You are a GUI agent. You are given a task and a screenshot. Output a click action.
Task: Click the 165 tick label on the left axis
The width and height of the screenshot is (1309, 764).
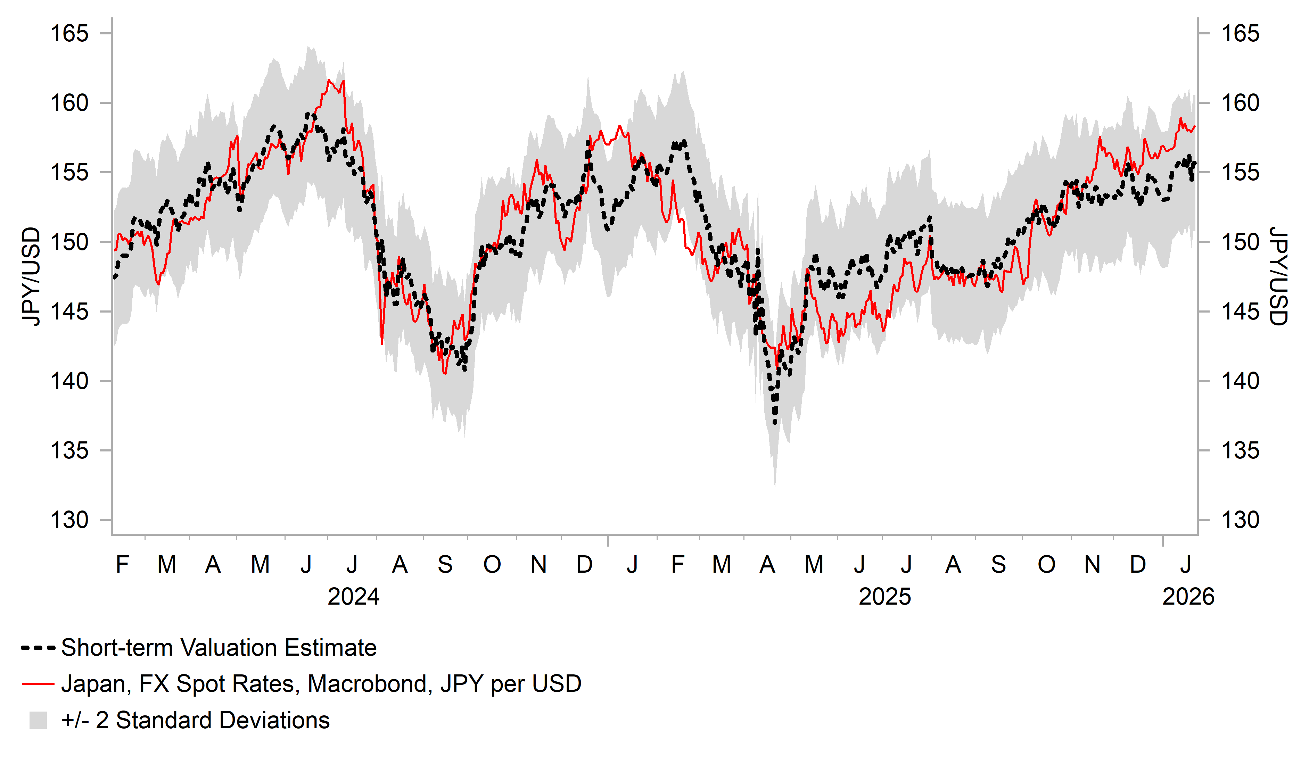click(69, 34)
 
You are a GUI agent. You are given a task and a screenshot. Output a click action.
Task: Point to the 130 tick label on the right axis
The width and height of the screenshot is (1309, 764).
click(1240, 520)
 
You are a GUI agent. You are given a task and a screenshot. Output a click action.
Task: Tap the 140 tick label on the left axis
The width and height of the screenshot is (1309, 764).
click(69, 381)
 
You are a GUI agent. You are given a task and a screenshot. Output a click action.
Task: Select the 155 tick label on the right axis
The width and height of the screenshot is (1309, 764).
click(1240, 173)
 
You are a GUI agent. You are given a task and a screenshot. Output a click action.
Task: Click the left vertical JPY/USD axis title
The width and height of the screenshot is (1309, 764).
click(31, 276)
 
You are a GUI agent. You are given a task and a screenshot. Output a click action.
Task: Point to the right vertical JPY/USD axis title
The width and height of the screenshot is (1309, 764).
click(1278, 276)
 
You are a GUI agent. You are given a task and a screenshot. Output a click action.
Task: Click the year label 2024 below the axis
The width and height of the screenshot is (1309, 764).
click(353, 597)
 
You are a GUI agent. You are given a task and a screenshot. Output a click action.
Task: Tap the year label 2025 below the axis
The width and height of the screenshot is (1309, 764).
click(884, 597)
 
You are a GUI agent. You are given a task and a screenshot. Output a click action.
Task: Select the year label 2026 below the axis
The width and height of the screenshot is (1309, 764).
click(1188, 597)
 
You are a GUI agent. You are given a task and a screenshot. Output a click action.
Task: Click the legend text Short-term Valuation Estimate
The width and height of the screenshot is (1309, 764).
click(219, 648)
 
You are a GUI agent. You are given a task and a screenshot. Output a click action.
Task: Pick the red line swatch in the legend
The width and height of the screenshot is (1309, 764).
click(38, 684)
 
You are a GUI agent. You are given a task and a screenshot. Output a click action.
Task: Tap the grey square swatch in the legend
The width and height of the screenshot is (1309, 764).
click(38, 720)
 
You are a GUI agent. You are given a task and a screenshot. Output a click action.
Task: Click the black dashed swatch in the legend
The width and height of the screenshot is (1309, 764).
click(38, 648)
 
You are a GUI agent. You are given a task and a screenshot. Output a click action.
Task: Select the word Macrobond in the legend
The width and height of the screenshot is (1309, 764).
click(370, 684)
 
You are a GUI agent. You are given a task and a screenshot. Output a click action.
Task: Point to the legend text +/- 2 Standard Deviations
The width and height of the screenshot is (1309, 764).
click(195, 720)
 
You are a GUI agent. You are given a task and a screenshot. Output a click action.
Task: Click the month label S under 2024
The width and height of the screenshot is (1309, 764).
click(445, 565)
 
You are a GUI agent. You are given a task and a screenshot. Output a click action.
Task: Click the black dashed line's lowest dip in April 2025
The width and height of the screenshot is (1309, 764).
click(775, 423)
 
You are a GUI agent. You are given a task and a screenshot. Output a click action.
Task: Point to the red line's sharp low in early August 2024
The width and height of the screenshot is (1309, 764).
click(382, 343)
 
